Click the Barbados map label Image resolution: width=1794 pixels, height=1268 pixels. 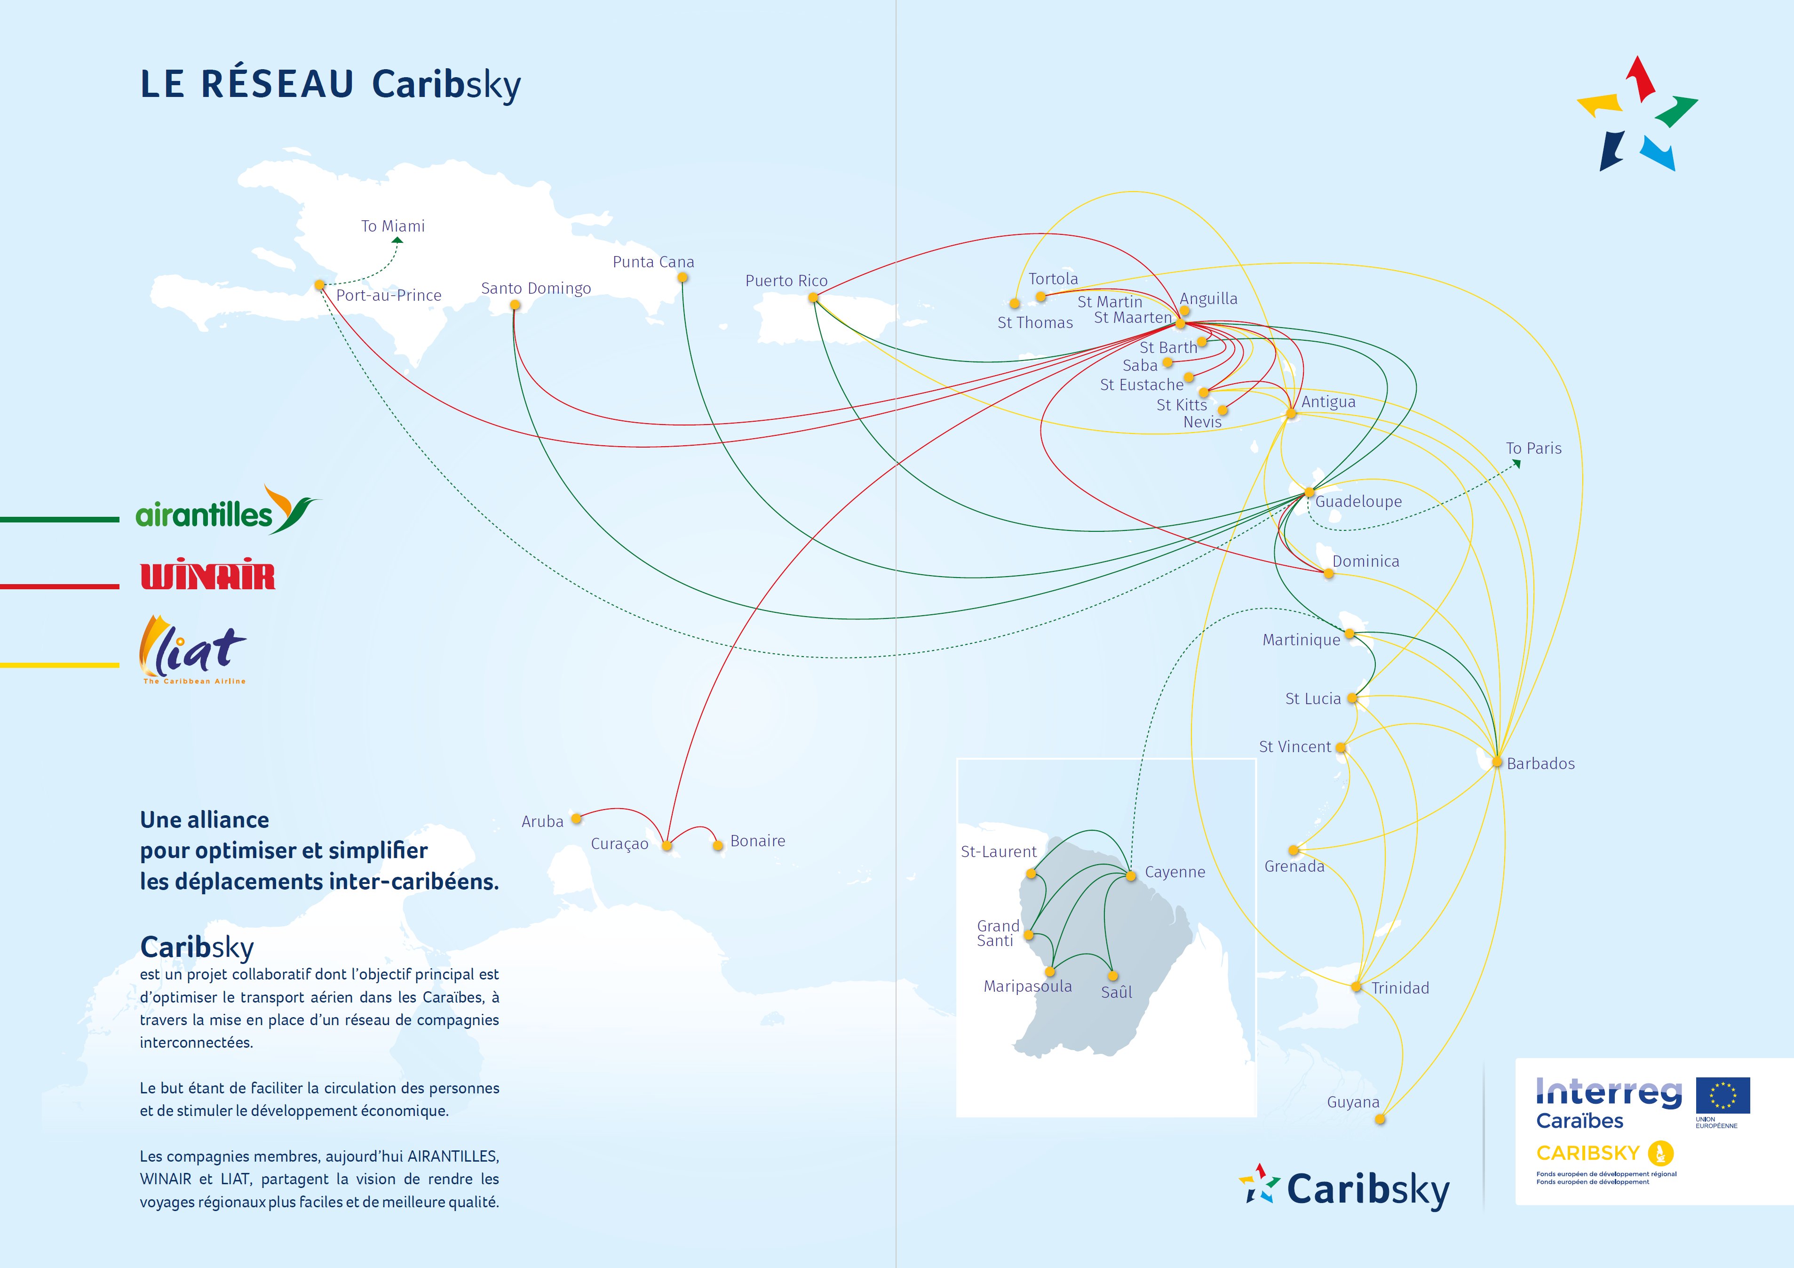pyautogui.click(x=1540, y=764)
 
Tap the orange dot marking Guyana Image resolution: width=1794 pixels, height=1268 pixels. pyautogui.click(x=1380, y=1119)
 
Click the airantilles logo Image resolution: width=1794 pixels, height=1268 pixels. pyautogui.click(x=227, y=511)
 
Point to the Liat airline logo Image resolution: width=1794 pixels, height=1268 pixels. pyautogui.click(x=193, y=649)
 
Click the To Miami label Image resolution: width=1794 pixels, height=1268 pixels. pyautogui.click(x=393, y=226)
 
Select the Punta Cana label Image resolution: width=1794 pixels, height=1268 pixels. pyautogui.click(x=653, y=262)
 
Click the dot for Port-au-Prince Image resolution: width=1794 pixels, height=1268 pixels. pyautogui.click(x=319, y=285)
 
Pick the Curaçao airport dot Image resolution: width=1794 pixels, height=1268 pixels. pyautogui.click(x=667, y=845)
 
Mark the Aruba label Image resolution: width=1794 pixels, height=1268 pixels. pyautogui.click(x=542, y=822)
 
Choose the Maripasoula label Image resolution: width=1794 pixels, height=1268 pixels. pyautogui.click(x=1027, y=987)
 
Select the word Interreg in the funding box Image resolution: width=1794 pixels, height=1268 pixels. pyautogui.click(x=1608, y=1092)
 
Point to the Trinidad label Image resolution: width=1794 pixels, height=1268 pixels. pyautogui.click(x=1400, y=988)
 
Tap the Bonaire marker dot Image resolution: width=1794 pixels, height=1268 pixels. pyautogui.click(x=717, y=845)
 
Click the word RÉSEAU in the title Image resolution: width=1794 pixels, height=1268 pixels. pyautogui.click(x=278, y=84)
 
